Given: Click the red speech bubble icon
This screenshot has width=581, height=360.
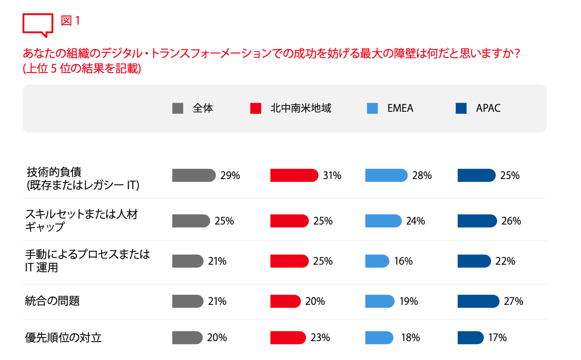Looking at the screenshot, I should coord(38,25).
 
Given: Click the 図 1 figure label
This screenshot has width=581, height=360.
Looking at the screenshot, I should coord(70,21).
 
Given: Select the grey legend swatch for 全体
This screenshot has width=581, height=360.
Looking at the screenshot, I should coord(178,108).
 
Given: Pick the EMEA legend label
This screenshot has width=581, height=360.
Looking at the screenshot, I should coord(400,108).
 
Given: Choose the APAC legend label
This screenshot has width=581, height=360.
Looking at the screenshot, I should coord(488,108).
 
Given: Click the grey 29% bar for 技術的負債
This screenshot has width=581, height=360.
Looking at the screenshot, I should coord(194,175).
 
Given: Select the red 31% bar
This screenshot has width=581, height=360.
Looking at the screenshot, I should coord(294,175).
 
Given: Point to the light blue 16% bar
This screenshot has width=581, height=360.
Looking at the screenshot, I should coord(377,261).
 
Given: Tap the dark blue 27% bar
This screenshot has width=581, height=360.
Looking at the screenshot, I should coord(478,301).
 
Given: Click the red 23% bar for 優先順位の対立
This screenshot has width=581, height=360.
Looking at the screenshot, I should coord(288,337).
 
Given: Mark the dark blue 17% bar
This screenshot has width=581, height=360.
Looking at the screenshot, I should coord(470,337).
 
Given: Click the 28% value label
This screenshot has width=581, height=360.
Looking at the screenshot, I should coord(422,176).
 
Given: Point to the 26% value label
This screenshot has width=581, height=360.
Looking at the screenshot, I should coord(511,221).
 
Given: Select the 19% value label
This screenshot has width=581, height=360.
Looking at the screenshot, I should coord(408,301).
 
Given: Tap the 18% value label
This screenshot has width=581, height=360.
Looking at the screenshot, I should coord(410,338).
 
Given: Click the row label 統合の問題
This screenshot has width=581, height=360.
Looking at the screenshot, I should coord(52,301).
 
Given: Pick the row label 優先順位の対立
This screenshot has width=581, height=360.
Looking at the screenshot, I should coord(63,338).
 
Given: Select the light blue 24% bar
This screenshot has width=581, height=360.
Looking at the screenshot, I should coord(383,221).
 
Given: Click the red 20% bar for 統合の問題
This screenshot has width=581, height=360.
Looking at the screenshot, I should coord(285,301).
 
